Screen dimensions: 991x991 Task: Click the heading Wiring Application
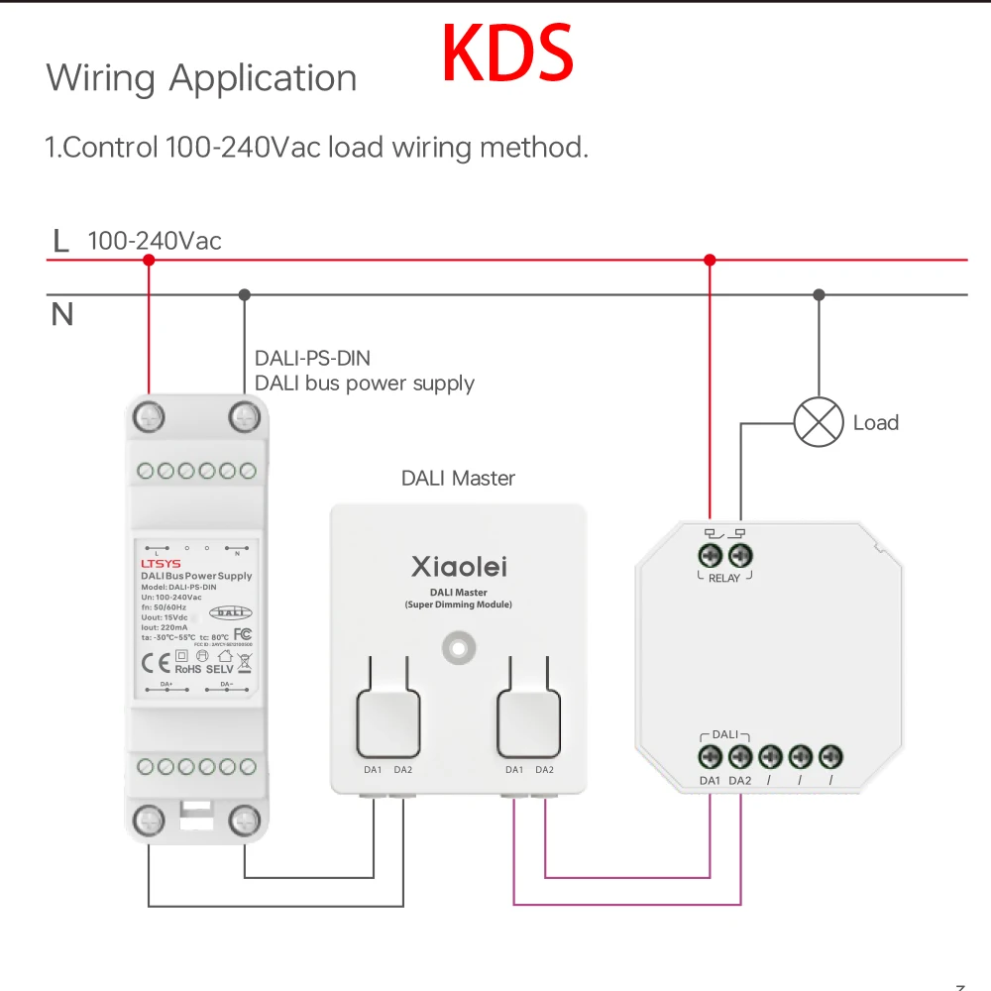coord(201,78)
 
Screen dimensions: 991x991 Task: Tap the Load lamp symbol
coord(819,423)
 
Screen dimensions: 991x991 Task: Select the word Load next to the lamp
coord(875,423)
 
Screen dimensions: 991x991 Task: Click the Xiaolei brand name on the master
coord(459,567)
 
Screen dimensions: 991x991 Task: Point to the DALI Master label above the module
coord(458,479)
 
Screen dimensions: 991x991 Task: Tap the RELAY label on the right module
coord(724,578)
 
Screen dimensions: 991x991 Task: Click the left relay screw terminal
coord(710,554)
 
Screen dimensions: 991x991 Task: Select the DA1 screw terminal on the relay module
coord(710,757)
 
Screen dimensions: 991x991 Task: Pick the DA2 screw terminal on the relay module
coord(740,757)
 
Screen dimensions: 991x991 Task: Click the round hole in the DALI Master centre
coord(458,648)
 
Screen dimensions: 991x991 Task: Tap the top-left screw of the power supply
coord(149,415)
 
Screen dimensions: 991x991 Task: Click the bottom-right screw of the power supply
coord(244,820)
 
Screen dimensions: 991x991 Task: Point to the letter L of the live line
coord(61,241)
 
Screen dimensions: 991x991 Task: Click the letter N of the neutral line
coord(62,315)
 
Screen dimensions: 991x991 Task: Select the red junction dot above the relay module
coord(710,260)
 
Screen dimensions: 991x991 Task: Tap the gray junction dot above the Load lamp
coord(819,294)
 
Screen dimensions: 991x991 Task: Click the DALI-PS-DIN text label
coord(313,359)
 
